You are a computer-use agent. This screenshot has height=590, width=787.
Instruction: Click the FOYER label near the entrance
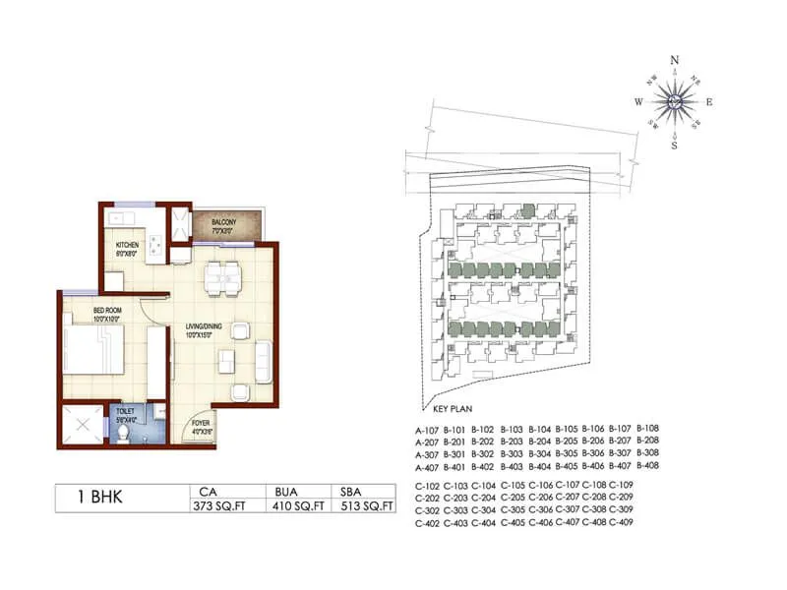point(201,424)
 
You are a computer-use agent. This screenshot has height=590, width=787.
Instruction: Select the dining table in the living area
point(221,277)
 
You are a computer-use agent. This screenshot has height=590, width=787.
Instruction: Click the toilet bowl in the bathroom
point(124,433)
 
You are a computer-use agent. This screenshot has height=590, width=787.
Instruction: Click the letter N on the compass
point(675,60)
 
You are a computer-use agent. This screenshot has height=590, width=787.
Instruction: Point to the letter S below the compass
point(674,145)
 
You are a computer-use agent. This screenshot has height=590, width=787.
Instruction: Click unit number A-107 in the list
point(427,429)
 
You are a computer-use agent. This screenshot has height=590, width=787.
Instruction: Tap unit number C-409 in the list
point(621,522)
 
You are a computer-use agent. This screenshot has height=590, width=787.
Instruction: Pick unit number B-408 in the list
point(647,465)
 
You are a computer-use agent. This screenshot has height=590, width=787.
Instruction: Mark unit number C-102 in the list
point(427,487)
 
